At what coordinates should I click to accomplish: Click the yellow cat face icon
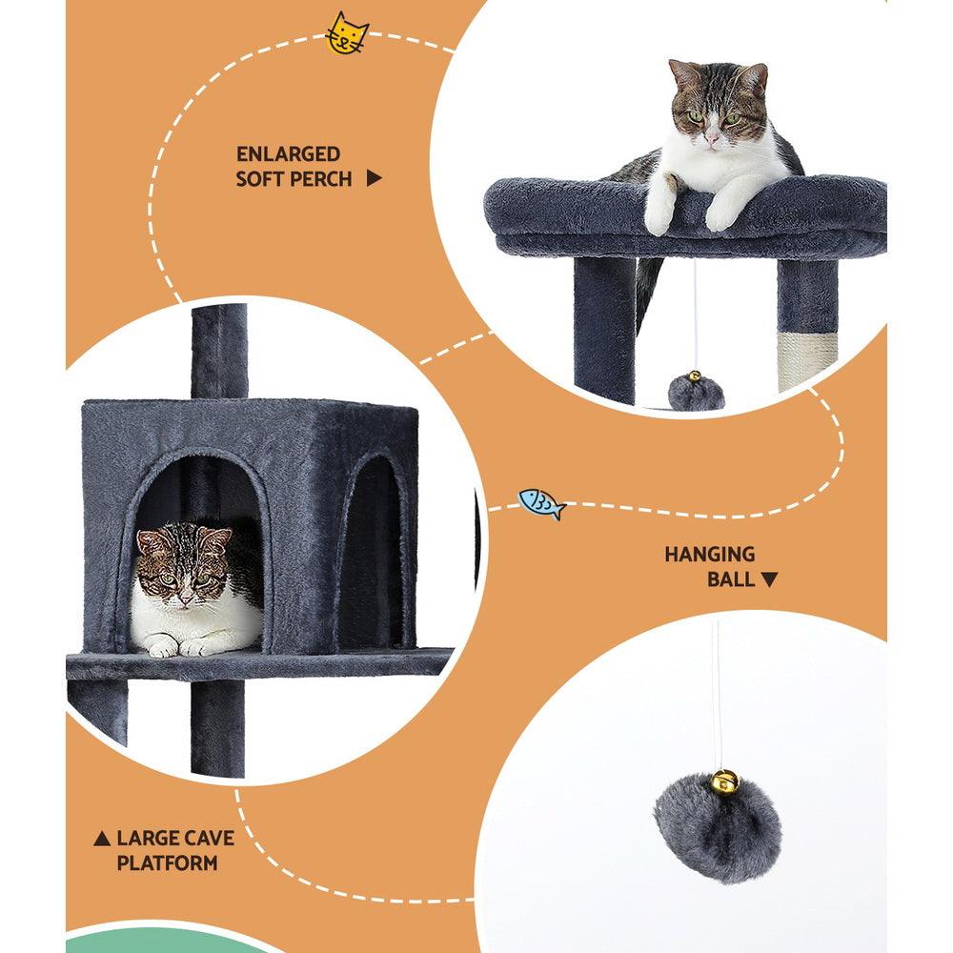[x=347, y=34]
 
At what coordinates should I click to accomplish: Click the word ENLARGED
[x=288, y=153]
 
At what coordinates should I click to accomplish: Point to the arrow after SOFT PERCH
[x=375, y=178]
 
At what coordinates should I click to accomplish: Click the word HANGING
[x=709, y=554]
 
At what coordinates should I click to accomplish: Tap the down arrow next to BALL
[x=769, y=578]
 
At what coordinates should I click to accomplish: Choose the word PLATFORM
[x=167, y=863]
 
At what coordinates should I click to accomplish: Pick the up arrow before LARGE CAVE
[x=102, y=840]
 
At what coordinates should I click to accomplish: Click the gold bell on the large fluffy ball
[x=723, y=781]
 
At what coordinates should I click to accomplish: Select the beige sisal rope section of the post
[x=804, y=362]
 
